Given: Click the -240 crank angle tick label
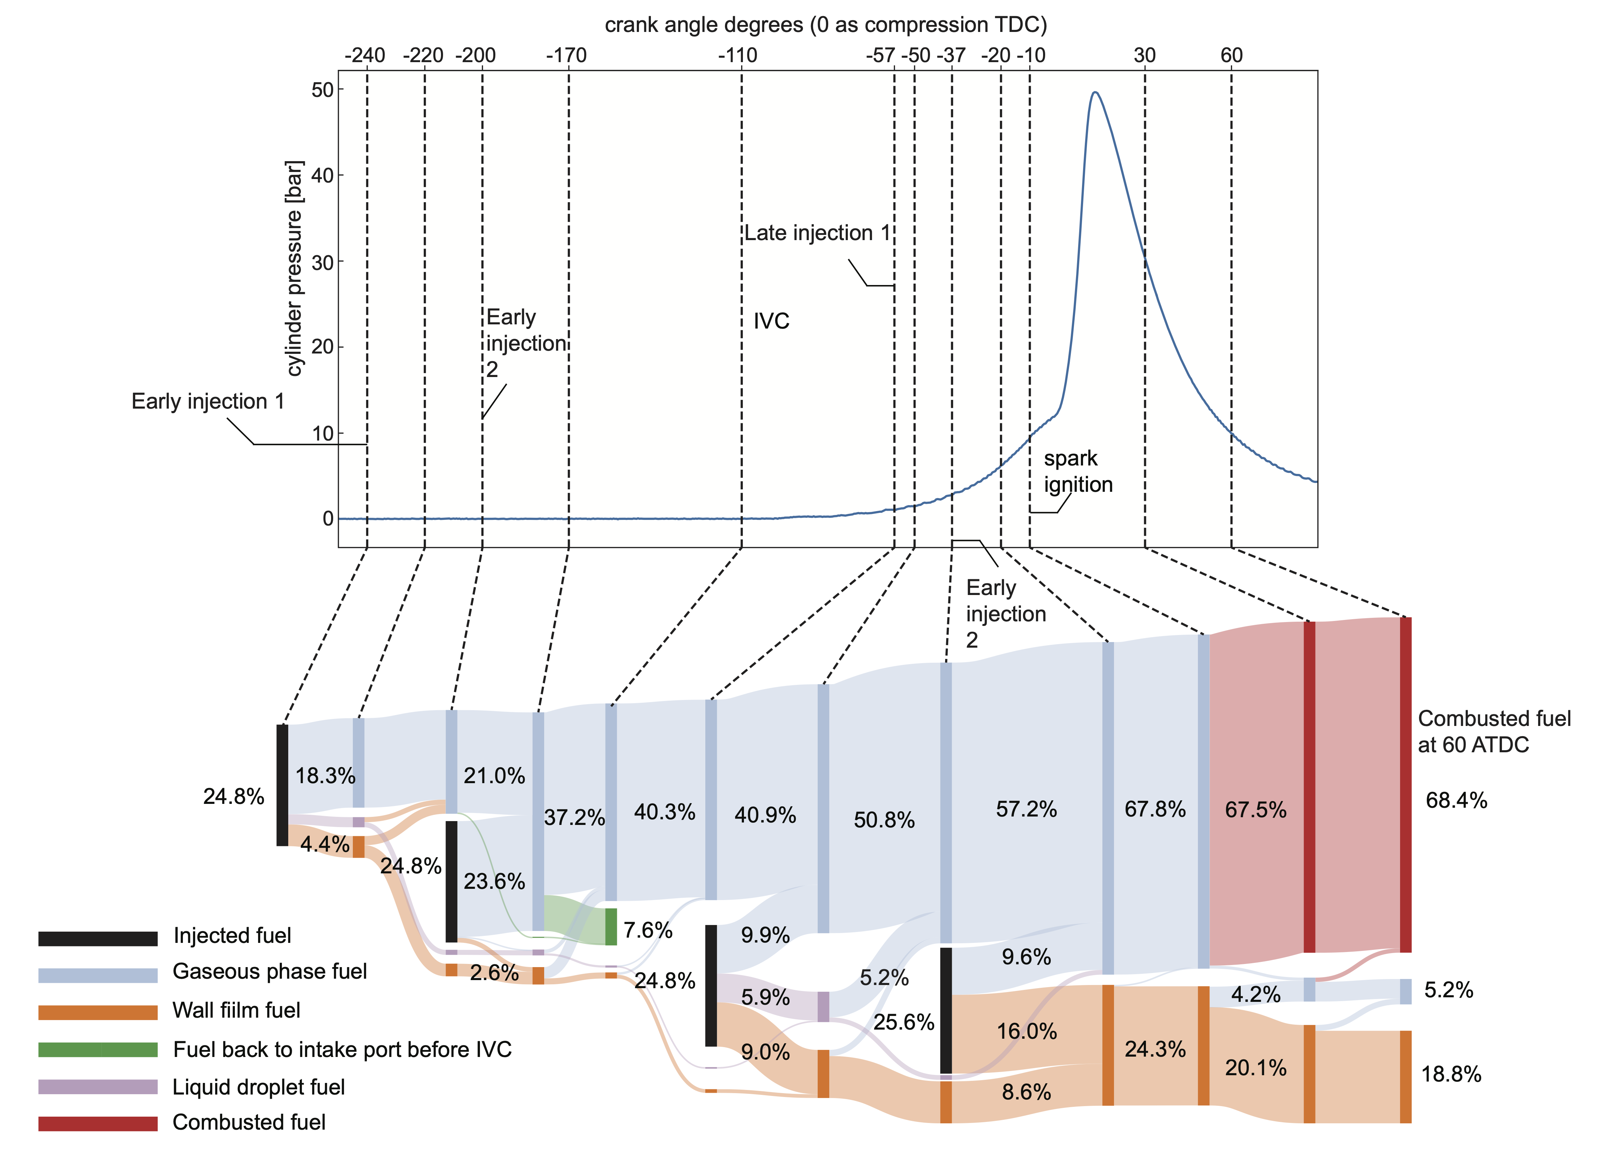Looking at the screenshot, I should (365, 55).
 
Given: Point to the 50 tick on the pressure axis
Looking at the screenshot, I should (323, 90).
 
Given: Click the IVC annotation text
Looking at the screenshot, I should (771, 322).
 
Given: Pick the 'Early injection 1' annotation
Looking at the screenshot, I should (208, 402).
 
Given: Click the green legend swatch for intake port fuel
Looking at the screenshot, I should (98, 1049).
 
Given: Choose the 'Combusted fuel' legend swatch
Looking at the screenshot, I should (98, 1123).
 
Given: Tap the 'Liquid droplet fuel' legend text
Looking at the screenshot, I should (258, 1087).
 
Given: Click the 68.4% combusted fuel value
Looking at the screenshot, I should (1456, 801).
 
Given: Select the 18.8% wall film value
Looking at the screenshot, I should (1451, 1074).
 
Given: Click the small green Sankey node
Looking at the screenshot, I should (611, 927).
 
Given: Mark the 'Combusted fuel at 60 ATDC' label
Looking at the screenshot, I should (1493, 732).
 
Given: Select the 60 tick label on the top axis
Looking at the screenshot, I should (1232, 55).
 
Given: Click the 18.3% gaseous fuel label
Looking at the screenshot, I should (325, 776).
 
